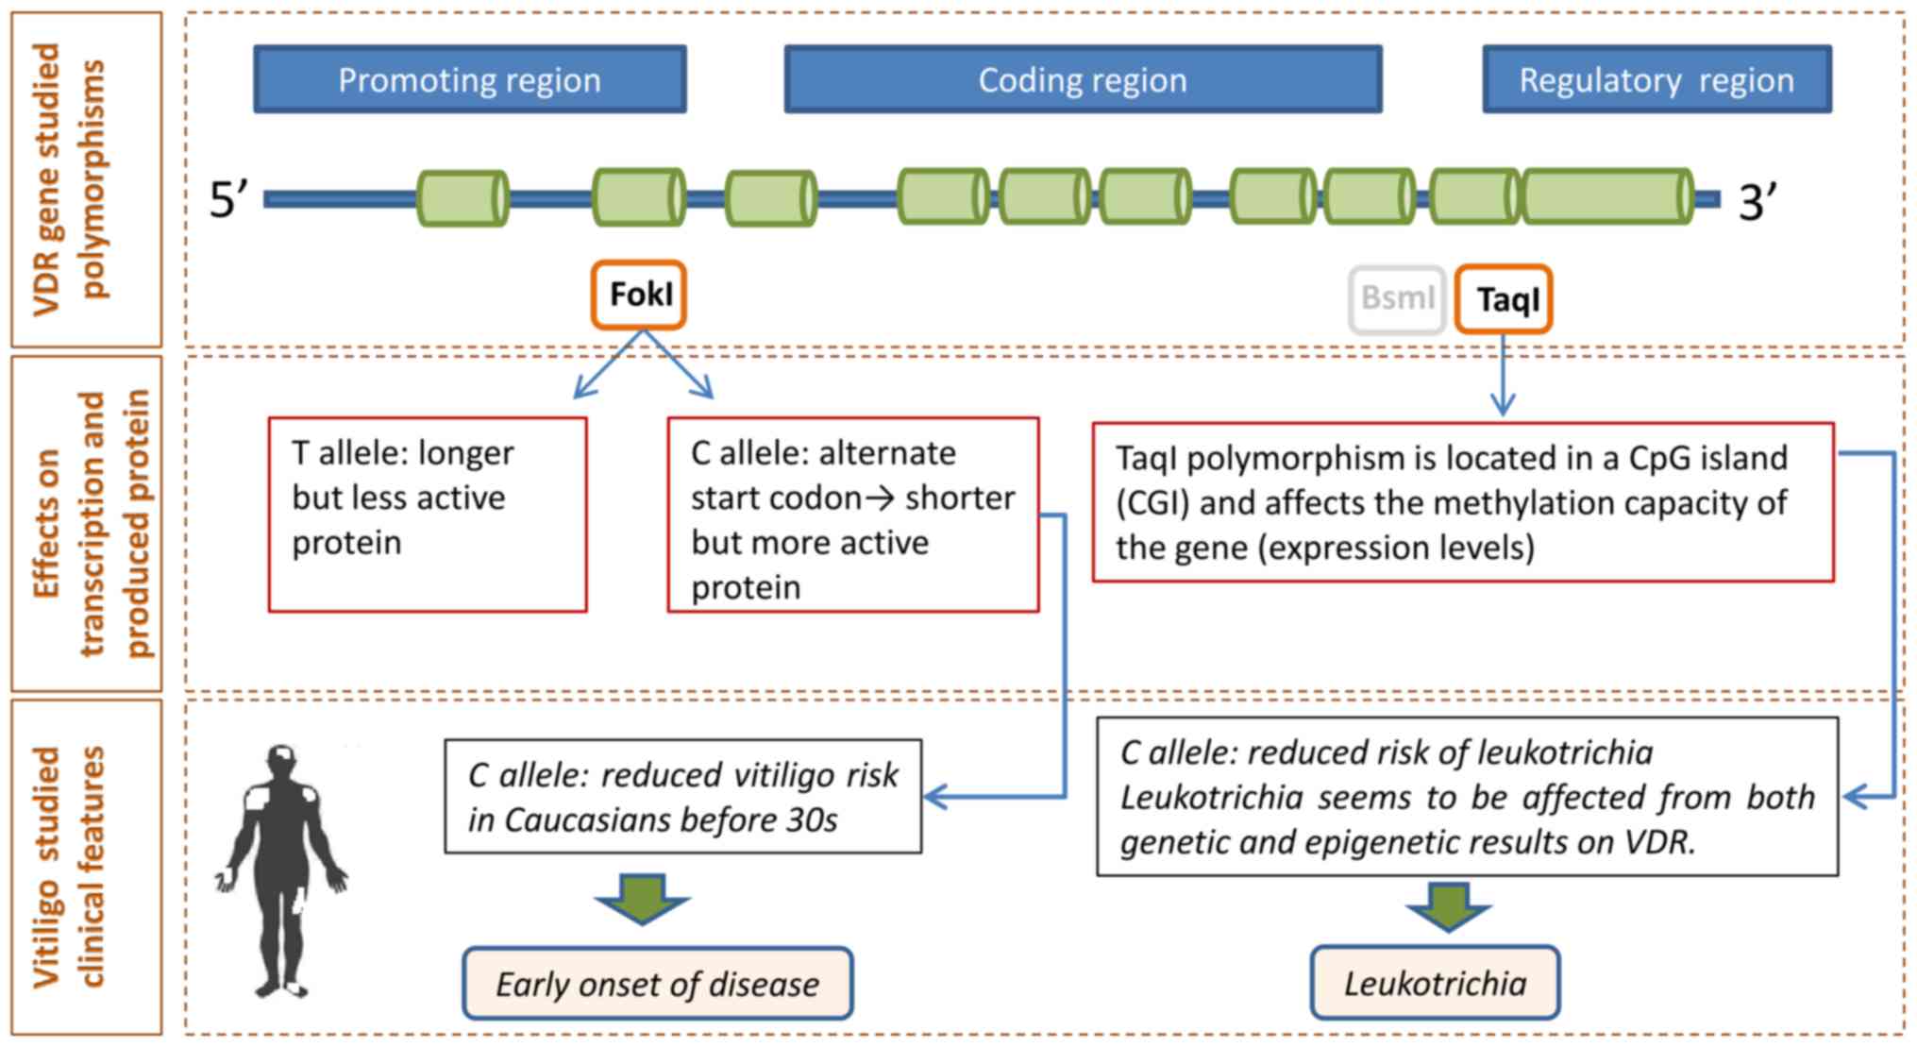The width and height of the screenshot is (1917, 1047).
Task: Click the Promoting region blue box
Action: [x=469, y=79]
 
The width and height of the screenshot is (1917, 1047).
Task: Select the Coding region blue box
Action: [x=1083, y=79]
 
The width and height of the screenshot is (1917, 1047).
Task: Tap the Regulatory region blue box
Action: [x=1656, y=79]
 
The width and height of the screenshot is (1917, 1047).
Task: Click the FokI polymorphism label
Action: [x=639, y=295]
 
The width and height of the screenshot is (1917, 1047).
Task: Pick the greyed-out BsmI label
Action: [x=1397, y=299]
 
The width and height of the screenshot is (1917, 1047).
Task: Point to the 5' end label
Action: [x=227, y=200]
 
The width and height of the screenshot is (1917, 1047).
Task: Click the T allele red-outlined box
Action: [x=428, y=515]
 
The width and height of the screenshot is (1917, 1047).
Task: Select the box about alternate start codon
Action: [x=852, y=515]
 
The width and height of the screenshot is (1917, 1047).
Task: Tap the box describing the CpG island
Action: [x=1463, y=502]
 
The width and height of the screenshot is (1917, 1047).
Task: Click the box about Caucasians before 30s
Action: [x=682, y=797]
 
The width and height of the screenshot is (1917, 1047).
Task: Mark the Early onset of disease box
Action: [x=657, y=984]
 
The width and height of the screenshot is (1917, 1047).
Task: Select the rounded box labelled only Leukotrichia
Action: [x=1435, y=983]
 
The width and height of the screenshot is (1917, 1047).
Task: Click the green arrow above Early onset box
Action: [x=643, y=898]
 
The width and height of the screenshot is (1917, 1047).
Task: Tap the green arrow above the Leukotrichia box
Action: [x=1448, y=906]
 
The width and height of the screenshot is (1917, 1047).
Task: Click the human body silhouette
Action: [x=282, y=869]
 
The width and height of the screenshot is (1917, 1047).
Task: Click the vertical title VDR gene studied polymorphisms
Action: [x=85, y=179]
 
